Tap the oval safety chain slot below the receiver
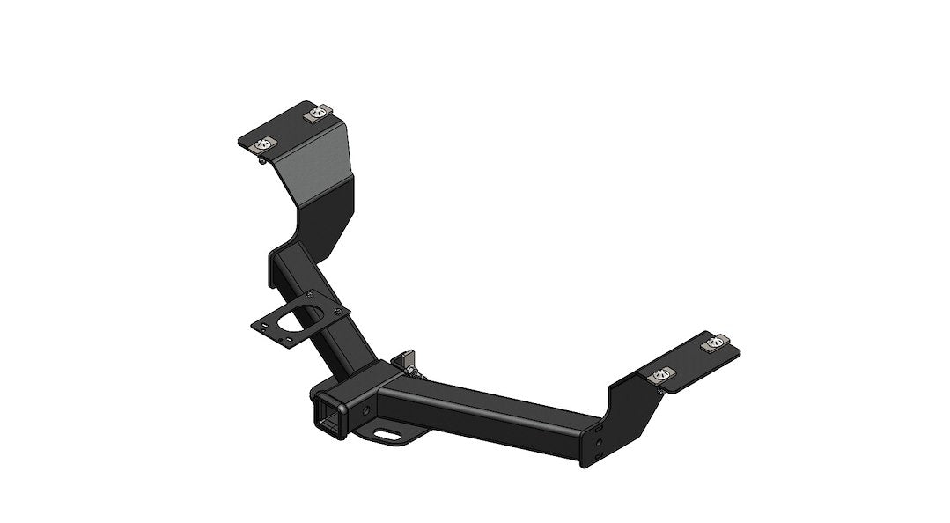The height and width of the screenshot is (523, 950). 387,434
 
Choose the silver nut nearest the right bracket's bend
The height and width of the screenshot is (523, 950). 658,377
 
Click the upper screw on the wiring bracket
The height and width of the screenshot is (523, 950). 311,296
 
